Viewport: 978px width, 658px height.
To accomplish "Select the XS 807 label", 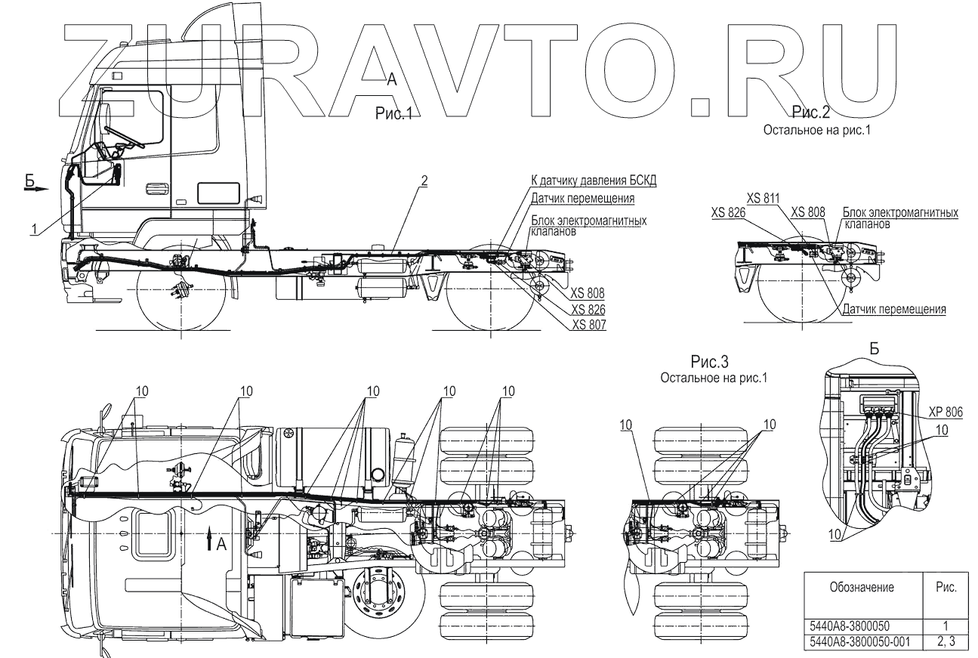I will pos(589,325).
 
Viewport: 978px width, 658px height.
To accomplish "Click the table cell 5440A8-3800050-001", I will pos(859,641).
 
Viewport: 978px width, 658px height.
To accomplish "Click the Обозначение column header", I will pos(862,587).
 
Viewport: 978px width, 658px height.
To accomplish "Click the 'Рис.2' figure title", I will pos(811,113).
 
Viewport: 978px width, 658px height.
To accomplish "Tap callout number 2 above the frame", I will pos(424,181).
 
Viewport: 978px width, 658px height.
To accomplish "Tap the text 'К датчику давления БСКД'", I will pos(594,182).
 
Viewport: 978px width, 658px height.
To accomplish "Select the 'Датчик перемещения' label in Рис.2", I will pos(893,310).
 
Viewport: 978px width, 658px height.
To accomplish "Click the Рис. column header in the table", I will pos(946,587).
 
